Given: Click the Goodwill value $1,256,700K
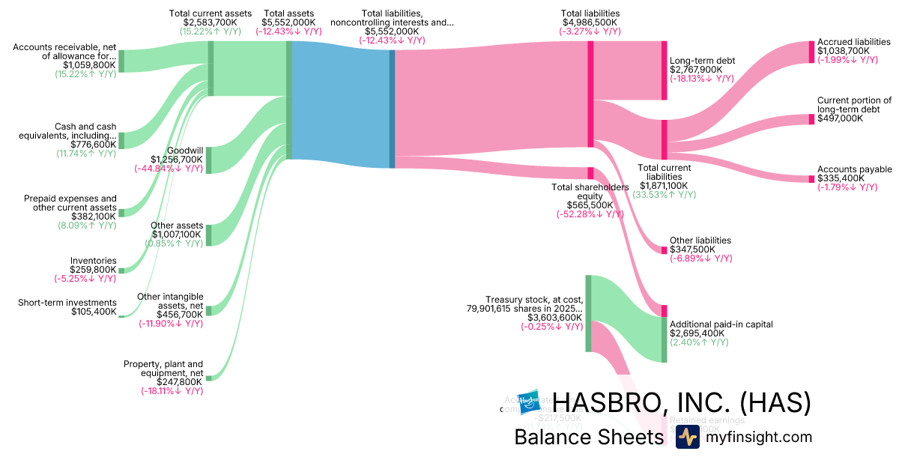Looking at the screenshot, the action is [x=176, y=159].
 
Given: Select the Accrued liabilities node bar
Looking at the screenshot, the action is [x=811, y=52].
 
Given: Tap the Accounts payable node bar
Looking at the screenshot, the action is [x=811, y=179].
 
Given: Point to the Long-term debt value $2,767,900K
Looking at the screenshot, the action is [x=696, y=70].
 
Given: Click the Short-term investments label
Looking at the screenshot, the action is [x=67, y=303].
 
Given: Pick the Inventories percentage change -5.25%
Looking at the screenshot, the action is [x=85, y=279].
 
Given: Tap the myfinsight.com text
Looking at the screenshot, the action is [x=758, y=438].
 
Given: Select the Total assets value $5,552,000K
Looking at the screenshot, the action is [x=288, y=22].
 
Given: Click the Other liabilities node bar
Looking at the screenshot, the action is [x=664, y=249].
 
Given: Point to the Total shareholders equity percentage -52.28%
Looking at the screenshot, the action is [x=590, y=214].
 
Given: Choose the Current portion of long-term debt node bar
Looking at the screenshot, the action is [x=811, y=119].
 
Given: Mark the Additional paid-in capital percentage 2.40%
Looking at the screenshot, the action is [x=698, y=342].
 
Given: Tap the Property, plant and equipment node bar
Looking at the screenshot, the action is [x=208, y=378].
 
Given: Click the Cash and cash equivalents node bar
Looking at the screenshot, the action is [x=121, y=140].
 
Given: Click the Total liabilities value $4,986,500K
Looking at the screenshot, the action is [x=590, y=22].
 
